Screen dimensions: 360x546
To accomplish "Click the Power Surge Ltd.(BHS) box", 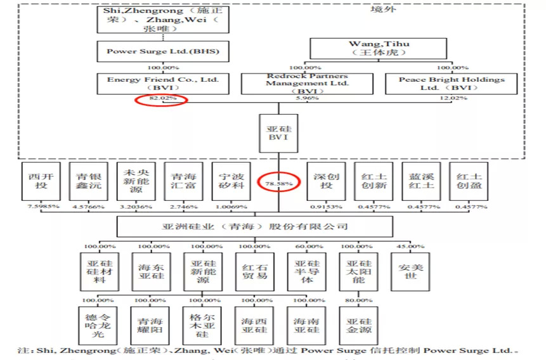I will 163,51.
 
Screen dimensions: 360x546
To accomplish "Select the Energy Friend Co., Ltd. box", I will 163,83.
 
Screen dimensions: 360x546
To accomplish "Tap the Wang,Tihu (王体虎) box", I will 379,49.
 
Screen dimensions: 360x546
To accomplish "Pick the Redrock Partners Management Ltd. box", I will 307,83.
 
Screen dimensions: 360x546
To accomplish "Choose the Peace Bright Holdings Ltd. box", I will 452,83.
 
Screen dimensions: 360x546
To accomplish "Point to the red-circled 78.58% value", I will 278,184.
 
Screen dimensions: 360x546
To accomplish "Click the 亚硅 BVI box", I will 278,132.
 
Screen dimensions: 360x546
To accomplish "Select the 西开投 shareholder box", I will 41,181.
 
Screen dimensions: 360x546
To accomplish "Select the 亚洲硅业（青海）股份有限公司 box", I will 254,226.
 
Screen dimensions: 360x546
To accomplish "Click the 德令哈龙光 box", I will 100,325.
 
